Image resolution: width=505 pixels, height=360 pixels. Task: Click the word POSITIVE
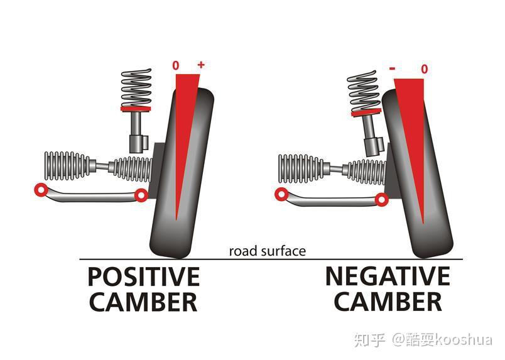point(144,276)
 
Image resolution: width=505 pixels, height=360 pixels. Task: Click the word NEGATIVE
point(388,276)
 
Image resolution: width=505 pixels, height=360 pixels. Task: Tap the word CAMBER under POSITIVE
point(143,302)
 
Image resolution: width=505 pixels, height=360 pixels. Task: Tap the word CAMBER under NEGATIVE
point(388,302)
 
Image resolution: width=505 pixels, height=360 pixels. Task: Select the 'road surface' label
point(268,251)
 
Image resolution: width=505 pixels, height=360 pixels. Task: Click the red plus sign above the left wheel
point(201,65)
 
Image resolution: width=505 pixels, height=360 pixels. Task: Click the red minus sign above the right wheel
point(393,68)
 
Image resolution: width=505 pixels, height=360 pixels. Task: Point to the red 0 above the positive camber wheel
point(175,65)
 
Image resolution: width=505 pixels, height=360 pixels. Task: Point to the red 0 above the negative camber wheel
point(425,69)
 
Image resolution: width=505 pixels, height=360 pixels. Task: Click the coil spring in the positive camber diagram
point(136,88)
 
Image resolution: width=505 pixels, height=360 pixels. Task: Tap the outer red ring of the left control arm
point(41,190)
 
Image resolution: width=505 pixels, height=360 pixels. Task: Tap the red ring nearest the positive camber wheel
point(141,195)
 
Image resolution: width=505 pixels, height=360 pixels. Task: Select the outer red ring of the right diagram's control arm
point(281,195)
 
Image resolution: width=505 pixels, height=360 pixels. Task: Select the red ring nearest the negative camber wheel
point(382,200)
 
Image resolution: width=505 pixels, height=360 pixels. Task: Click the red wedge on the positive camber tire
point(183,129)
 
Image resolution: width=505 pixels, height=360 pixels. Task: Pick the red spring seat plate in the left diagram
point(136,109)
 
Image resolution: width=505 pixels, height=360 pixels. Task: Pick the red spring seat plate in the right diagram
point(366,112)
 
